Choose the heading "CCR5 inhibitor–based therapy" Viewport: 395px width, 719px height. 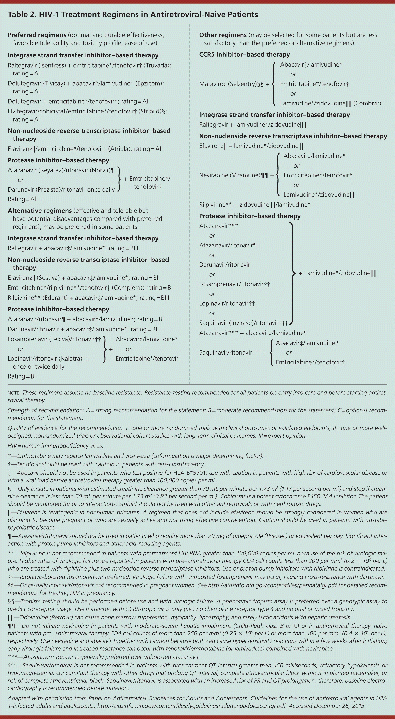(244, 54)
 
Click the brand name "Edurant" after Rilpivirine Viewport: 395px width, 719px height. (55, 298)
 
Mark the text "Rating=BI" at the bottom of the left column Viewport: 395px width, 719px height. (21, 376)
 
